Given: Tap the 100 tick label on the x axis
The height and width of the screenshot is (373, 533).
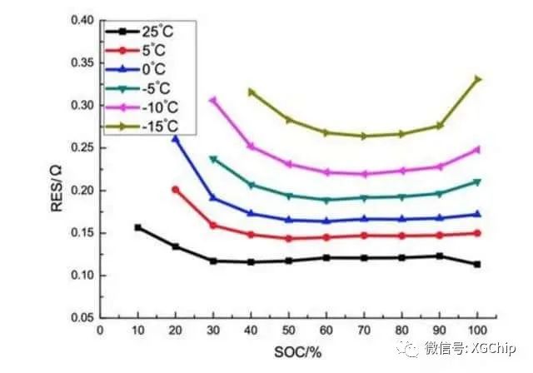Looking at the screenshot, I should (476, 331).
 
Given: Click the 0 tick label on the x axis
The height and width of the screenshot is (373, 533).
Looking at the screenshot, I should (100, 331).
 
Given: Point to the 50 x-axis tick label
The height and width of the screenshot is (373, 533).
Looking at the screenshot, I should (289, 331).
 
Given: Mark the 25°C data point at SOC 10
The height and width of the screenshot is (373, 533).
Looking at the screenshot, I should (137, 227).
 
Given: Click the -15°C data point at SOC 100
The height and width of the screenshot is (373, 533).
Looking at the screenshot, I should (477, 79).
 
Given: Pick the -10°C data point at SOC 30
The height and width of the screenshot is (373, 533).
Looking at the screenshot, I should (212, 100).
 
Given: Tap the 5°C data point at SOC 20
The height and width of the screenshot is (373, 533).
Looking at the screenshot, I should (175, 190).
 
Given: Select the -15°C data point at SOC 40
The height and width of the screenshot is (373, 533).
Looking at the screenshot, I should (251, 92).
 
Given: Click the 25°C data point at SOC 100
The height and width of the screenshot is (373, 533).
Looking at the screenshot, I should (477, 265).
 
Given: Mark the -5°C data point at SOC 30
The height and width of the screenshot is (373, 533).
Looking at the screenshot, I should (212, 158).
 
